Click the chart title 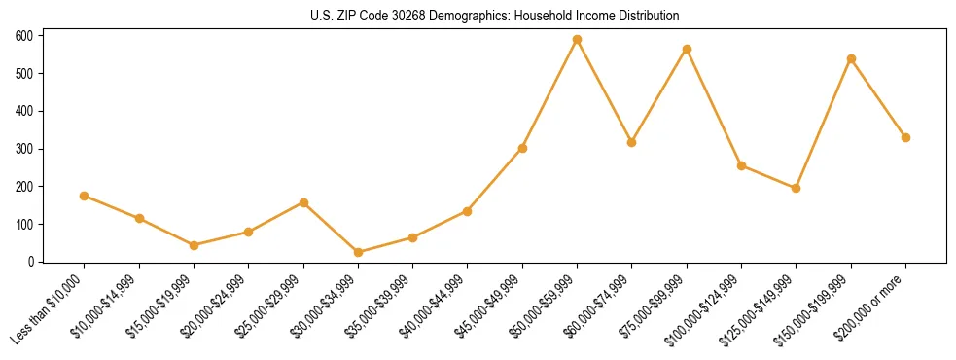click(x=494, y=16)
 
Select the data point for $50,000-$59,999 click(x=577, y=40)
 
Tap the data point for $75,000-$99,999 click(x=687, y=49)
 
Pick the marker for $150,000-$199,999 click(x=851, y=59)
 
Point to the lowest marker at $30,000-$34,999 click(x=358, y=252)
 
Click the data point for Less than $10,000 click(x=85, y=196)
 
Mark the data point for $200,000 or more click(x=905, y=137)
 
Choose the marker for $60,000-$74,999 click(x=632, y=142)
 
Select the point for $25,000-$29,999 click(x=303, y=202)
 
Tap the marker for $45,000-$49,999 click(x=522, y=148)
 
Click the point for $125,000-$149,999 click(x=797, y=188)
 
